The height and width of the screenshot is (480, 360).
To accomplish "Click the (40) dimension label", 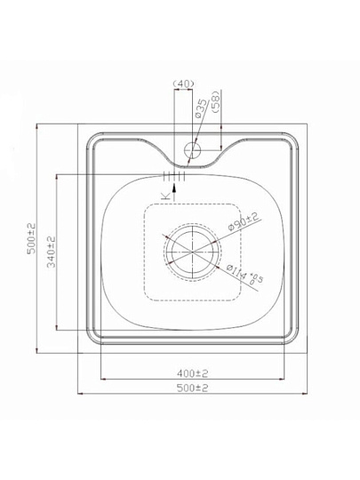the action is click(183, 84).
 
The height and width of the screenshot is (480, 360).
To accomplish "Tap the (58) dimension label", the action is click(216, 102).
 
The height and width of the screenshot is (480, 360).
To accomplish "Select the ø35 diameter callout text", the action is click(201, 108).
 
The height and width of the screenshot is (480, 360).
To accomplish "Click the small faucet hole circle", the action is click(192, 150).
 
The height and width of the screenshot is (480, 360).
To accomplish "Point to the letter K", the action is click(165, 196).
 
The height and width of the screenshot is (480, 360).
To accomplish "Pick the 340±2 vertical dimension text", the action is click(52, 252).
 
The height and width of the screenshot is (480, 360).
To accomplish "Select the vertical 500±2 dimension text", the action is click(31, 239).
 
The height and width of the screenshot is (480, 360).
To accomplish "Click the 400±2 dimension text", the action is click(193, 373).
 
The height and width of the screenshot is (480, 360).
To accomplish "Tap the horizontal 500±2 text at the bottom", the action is click(193, 388).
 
